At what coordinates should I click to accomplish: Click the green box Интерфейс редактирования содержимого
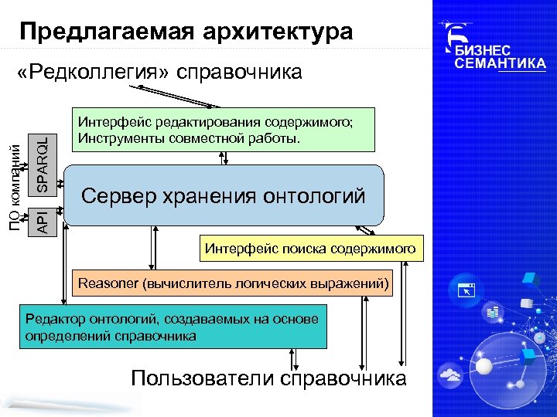(223, 129)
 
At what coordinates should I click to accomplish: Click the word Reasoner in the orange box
(108, 283)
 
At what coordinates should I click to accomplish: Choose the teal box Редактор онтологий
(173, 327)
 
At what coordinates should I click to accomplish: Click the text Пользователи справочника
(268, 378)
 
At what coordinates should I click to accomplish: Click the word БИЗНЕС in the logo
(487, 49)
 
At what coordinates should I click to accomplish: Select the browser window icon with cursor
(467, 290)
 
